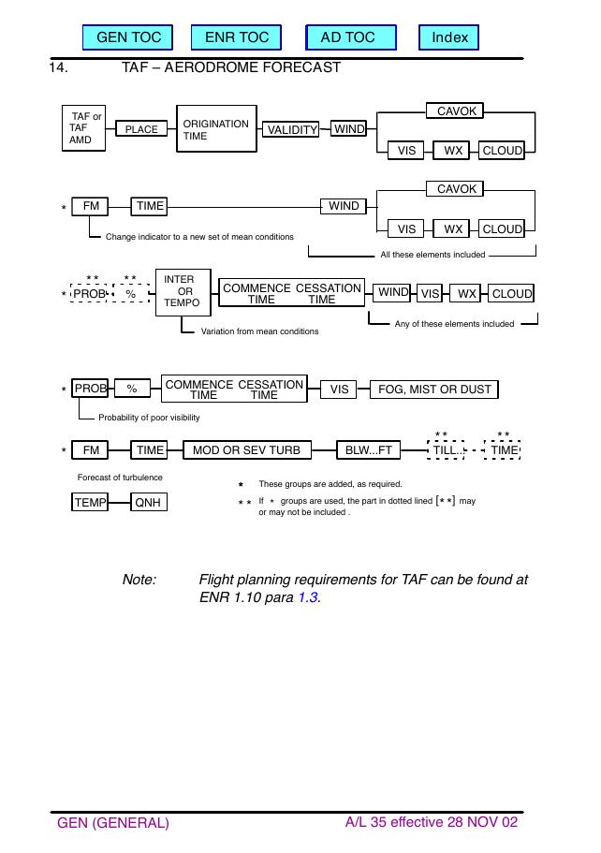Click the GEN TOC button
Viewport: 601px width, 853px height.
click(128, 37)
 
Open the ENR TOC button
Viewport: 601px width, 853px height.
click(237, 37)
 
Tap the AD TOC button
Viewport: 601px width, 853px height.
click(351, 37)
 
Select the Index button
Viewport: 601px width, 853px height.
click(448, 37)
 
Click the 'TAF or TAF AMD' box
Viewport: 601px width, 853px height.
click(83, 128)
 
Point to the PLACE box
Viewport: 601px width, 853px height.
click(141, 129)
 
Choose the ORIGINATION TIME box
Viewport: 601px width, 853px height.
click(216, 129)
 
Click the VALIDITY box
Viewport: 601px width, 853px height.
click(291, 129)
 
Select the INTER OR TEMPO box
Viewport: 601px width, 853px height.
click(183, 292)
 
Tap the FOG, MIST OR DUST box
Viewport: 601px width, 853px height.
click(434, 390)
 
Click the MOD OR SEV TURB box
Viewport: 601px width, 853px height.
click(247, 449)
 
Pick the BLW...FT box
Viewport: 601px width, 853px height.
click(368, 449)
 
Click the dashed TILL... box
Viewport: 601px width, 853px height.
click(446, 449)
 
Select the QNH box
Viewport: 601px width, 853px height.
click(149, 502)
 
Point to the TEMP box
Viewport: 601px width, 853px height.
click(90, 502)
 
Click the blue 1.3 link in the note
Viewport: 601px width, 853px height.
click(308, 597)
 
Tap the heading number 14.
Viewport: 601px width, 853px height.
click(58, 67)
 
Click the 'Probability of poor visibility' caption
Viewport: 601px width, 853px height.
click(149, 418)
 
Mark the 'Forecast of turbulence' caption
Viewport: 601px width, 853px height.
click(120, 478)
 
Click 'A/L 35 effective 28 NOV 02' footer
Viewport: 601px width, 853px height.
click(432, 822)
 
